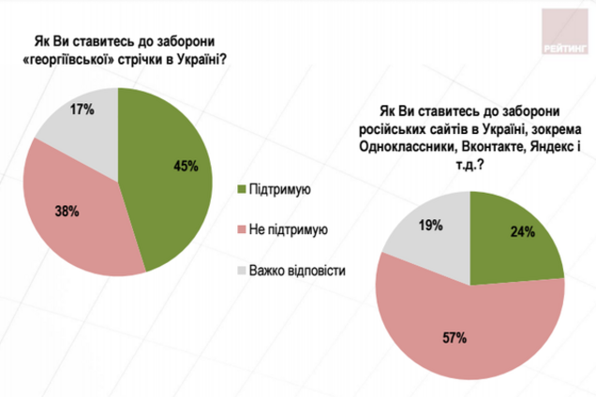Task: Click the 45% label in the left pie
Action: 185,167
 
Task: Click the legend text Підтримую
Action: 283,191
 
